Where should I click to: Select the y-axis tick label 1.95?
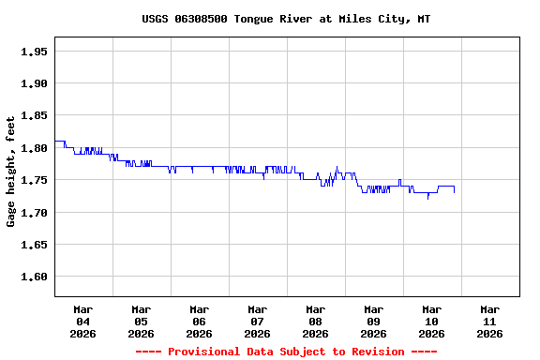[34, 52]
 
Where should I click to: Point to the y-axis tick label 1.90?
[34, 83]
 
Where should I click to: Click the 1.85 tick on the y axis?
[34, 116]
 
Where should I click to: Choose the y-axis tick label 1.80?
[34, 148]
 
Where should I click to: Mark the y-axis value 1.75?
[34, 181]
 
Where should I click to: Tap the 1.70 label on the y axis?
[34, 213]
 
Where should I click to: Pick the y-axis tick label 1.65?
[34, 246]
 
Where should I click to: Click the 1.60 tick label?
[34, 277]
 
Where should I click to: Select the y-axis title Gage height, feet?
[11, 172]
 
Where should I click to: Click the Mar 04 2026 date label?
[83, 321]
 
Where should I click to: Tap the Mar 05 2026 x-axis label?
[142, 321]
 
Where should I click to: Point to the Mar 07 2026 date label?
[258, 321]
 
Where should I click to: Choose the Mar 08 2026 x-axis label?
[316, 321]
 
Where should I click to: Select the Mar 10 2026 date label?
[432, 321]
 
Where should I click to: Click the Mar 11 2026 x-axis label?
[490, 321]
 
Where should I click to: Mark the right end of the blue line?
[455, 191]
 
